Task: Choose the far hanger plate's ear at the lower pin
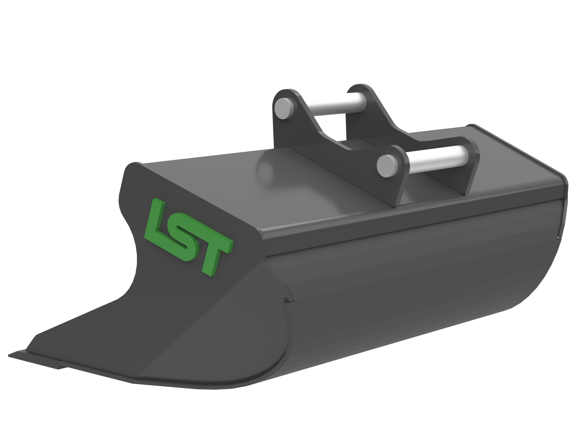pos(471,150)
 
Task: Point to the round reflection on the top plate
pos(266,168)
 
